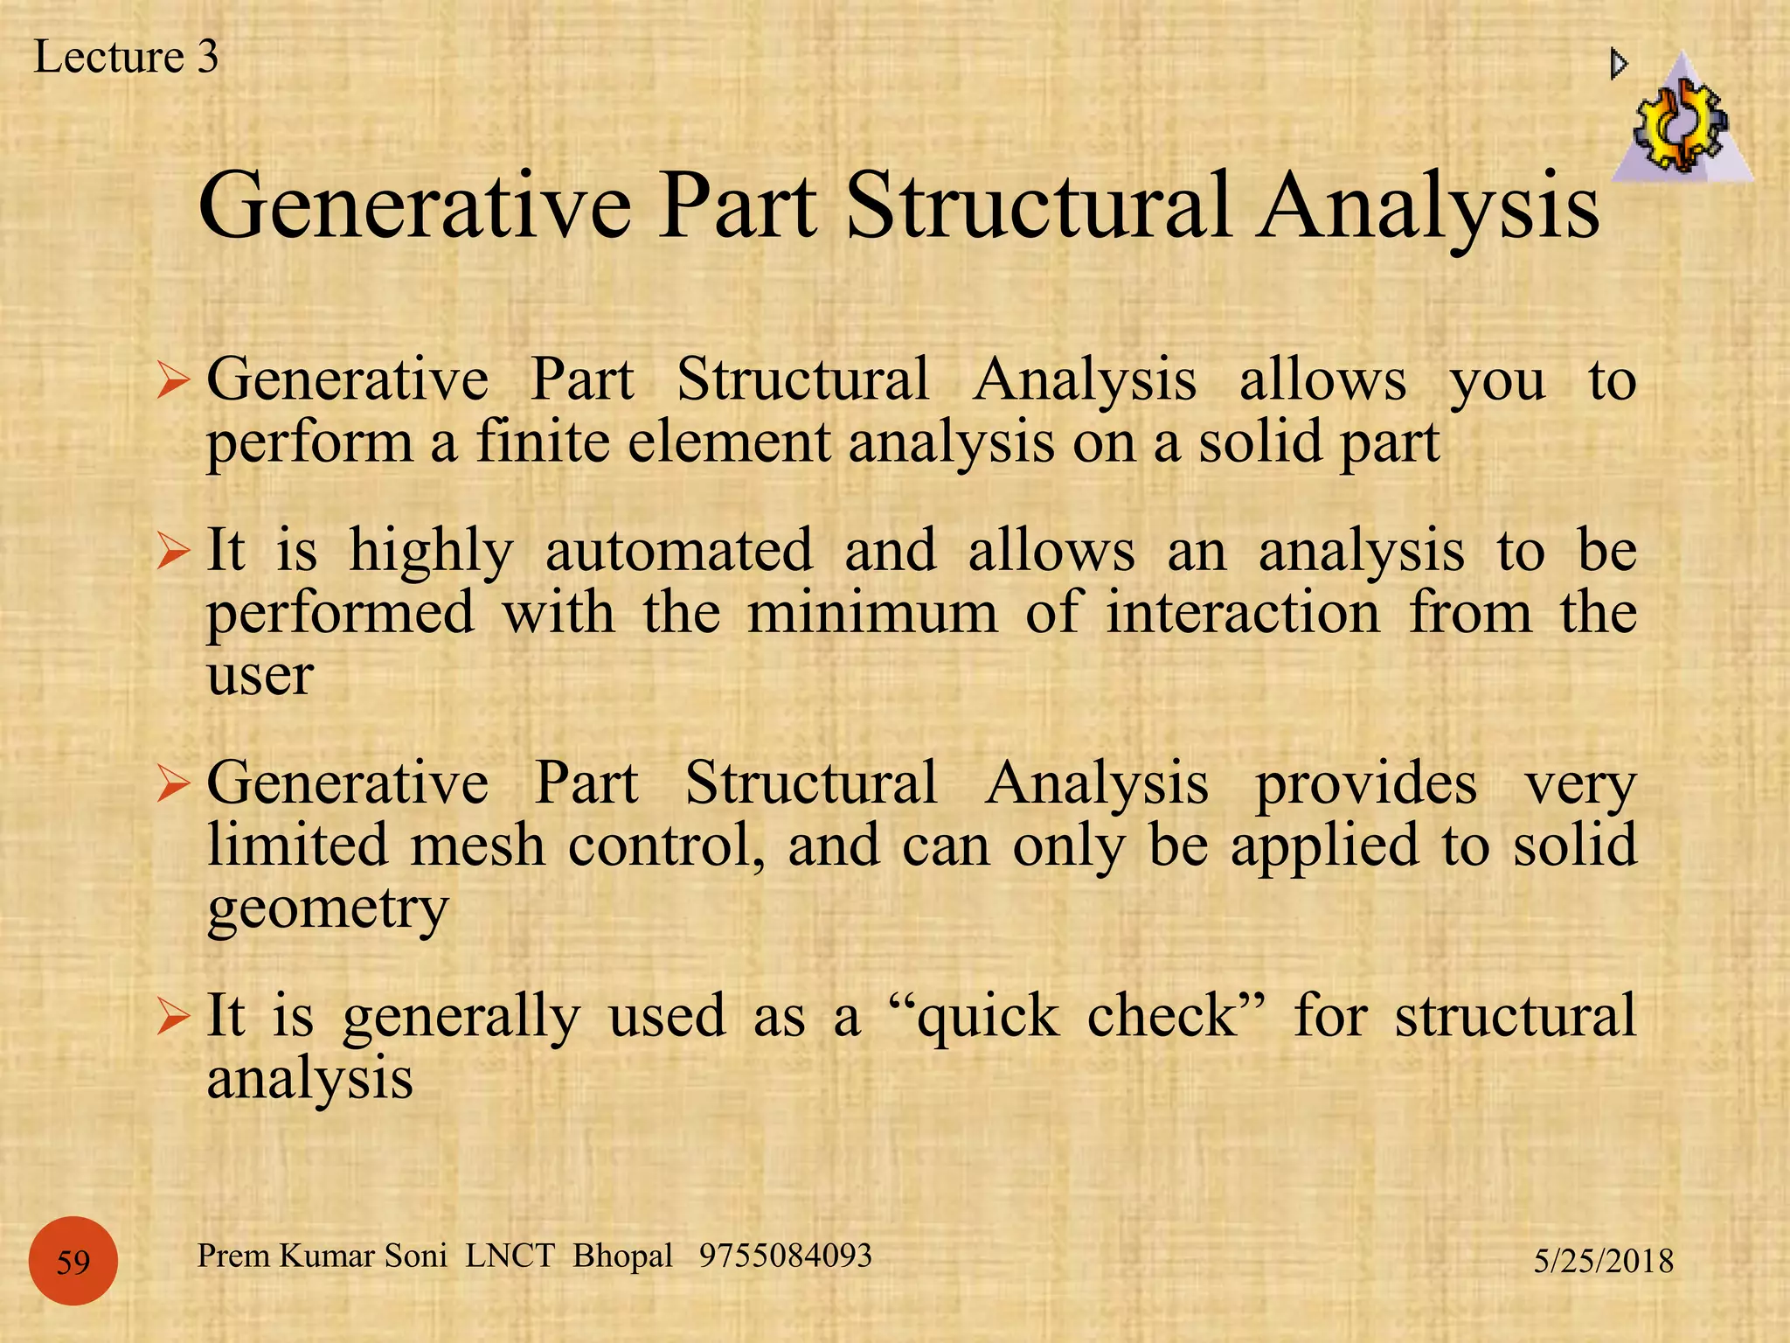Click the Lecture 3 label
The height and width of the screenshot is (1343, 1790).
126,58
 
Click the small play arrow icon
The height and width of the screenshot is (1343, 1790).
1619,64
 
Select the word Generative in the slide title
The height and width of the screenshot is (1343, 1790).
415,206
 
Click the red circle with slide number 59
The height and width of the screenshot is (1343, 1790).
73,1262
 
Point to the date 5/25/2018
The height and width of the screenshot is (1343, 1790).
1604,1261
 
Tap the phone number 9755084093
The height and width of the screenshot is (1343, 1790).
785,1256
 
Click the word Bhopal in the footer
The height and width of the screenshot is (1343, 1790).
622,1256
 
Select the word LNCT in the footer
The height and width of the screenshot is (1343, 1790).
510,1256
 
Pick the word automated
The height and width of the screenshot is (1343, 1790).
679,551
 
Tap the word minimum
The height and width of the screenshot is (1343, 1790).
872,612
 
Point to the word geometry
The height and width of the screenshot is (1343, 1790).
328,911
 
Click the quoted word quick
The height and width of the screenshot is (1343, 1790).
988,1018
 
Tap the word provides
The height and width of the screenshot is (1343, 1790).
1366,783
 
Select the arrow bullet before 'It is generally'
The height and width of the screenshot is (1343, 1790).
173,1018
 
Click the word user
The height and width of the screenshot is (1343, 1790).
260,676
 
